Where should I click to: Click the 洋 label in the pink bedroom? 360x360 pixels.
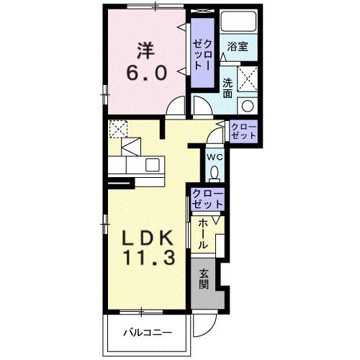tap(145, 50)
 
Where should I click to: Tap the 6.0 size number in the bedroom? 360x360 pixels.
tap(146, 73)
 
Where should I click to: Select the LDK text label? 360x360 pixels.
tap(148, 238)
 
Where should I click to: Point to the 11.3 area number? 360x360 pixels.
tap(149, 257)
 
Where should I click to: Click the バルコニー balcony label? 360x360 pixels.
tap(148, 333)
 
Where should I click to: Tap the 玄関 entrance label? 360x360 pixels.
tap(204, 279)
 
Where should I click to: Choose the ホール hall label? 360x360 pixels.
tap(202, 233)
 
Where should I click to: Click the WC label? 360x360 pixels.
tap(215, 158)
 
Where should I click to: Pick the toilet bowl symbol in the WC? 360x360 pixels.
tap(215, 173)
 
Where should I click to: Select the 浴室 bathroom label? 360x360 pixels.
tap(238, 47)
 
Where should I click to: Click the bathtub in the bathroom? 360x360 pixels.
tap(238, 21)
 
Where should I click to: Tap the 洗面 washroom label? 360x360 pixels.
tap(228, 88)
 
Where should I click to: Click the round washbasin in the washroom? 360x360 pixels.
tap(248, 106)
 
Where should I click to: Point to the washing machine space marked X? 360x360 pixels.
tap(248, 78)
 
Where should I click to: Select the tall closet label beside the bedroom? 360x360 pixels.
tap(203, 55)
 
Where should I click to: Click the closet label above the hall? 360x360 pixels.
tap(208, 199)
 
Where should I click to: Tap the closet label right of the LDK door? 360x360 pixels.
tap(244, 132)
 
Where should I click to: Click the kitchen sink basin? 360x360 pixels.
tap(153, 165)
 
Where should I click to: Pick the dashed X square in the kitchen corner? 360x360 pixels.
tap(118, 129)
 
